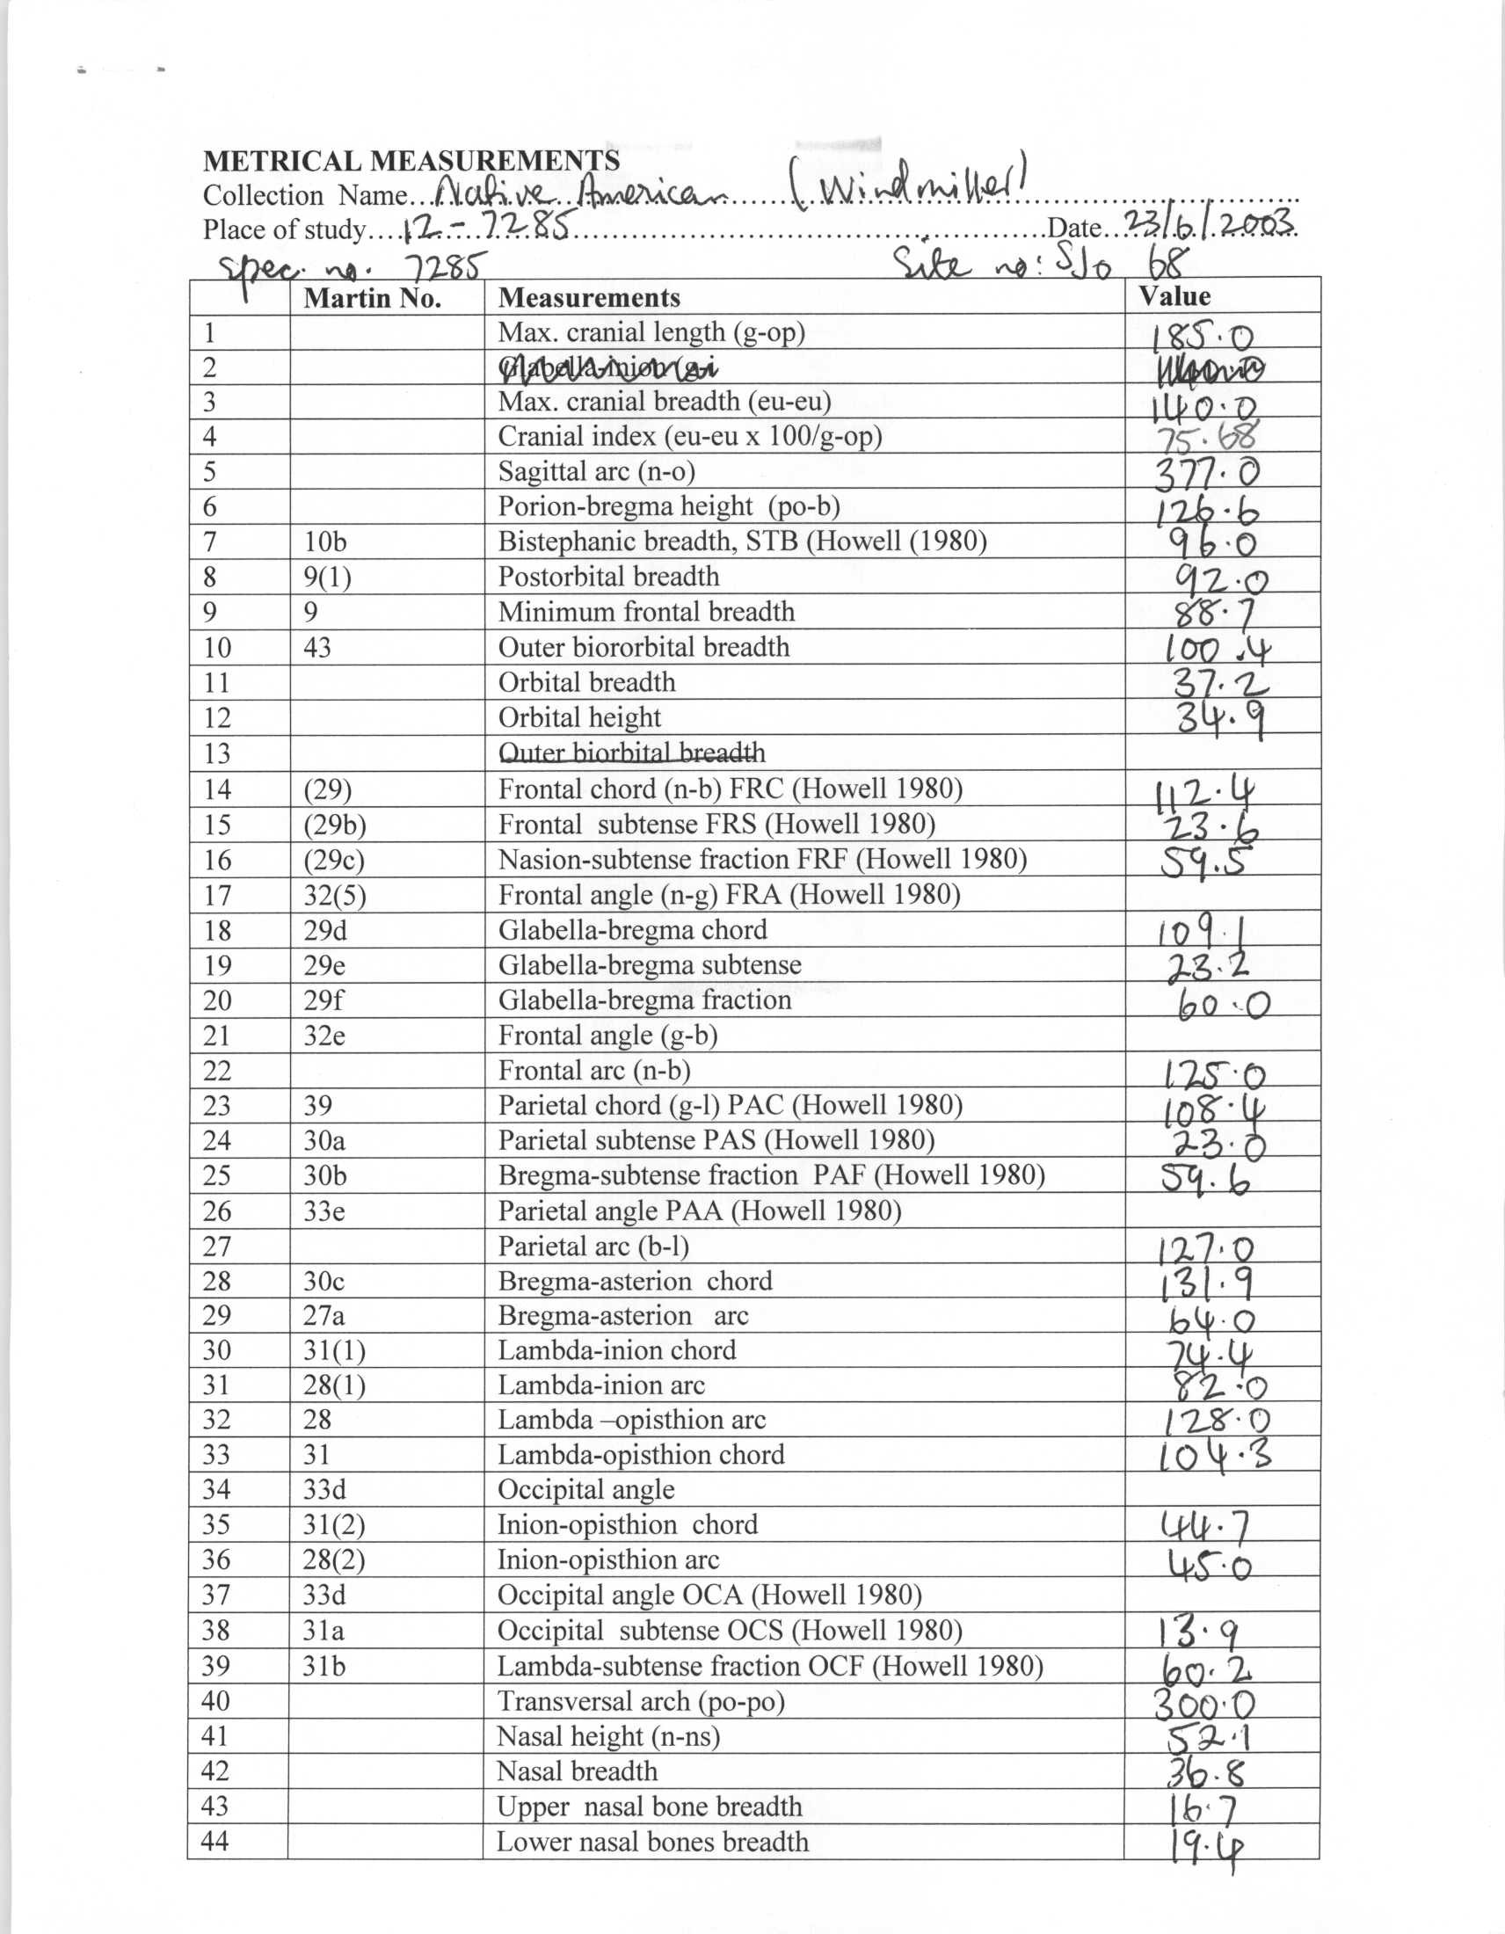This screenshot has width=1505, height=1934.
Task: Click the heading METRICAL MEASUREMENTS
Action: pos(411,161)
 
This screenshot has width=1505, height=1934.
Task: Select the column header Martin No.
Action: pos(372,298)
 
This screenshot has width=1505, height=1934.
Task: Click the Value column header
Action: pos(1174,296)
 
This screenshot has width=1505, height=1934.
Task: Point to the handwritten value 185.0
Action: pos(1203,337)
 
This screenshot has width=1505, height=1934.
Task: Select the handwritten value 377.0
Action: pos(1206,474)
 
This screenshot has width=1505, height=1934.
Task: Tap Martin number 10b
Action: pos(324,542)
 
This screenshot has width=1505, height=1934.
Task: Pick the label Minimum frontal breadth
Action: pos(646,612)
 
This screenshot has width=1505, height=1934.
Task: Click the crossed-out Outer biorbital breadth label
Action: pos(631,753)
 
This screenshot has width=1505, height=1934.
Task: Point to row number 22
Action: pos(217,1072)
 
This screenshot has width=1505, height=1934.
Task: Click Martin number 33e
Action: pos(324,1211)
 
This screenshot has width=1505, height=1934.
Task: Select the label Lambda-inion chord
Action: pos(616,1350)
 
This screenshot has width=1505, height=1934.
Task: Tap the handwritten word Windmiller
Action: pos(912,187)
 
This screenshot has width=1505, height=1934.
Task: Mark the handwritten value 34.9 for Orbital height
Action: pos(1219,719)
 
